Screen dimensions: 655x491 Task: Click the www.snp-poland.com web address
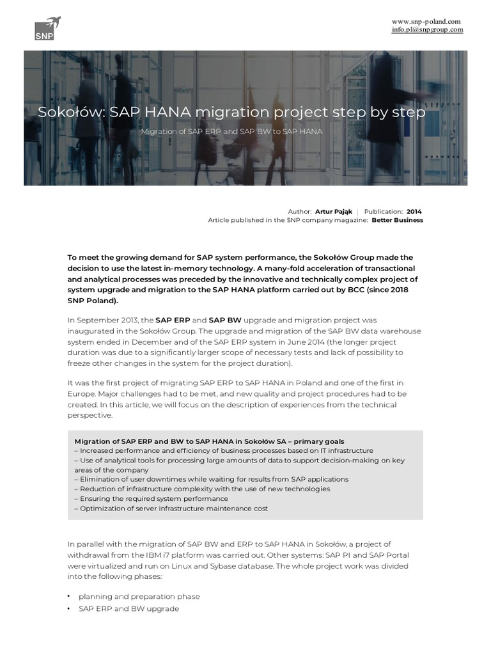[427, 21]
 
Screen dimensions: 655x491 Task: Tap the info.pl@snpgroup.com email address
[427, 30]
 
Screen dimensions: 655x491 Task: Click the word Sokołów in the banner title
[70, 113]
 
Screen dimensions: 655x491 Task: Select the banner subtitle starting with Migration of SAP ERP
[231, 131]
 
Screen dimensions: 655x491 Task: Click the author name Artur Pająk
[333, 211]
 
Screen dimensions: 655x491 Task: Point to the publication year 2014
[414, 211]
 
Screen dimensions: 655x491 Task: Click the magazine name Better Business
[397, 220]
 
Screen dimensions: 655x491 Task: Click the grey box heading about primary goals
[209, 441]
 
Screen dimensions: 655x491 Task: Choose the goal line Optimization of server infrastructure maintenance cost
[171, 508]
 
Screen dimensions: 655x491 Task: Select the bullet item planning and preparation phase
[139, 596]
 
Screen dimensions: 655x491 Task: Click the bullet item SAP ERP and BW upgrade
[129, 609]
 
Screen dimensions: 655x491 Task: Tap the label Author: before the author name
[300, 211]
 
